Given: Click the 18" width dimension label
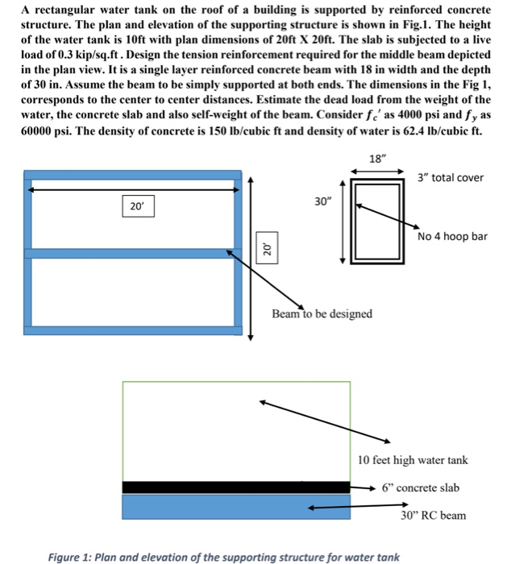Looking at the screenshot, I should (376, 159).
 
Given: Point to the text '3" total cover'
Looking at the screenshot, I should (451, 177).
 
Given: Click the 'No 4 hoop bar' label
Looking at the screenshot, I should (452, 237).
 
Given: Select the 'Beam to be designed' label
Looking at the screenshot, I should (322, 313).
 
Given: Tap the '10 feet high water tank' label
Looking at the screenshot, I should (412, 460).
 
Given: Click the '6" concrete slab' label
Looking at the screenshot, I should (421, 487).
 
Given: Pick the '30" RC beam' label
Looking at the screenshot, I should (433, 515).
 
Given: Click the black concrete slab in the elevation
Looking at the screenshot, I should (235, 487).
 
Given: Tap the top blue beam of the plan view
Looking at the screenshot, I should (133, 174).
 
